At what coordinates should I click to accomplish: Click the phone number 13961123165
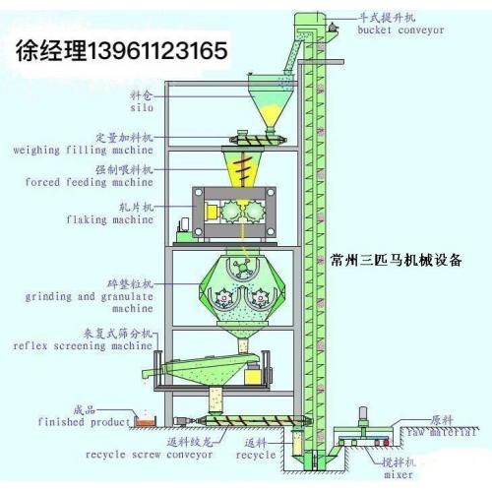157,50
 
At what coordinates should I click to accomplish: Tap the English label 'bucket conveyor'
400,31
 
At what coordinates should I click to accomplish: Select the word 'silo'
142,107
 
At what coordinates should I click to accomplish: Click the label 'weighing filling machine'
84,151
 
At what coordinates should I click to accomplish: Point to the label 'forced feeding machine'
90,182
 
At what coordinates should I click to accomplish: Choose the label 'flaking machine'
110,219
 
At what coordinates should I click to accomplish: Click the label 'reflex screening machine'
83,345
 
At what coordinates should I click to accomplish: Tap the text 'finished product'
85,422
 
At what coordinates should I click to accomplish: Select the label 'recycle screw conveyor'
150,455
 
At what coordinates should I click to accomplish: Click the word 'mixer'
399,474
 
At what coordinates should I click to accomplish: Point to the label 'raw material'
442,433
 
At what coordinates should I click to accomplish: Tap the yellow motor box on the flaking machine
212,212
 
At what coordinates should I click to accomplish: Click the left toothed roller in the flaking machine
231,212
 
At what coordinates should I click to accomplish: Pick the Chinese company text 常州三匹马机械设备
397,261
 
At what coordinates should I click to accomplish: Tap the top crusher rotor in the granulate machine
242,267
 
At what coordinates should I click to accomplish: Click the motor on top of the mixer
363,415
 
